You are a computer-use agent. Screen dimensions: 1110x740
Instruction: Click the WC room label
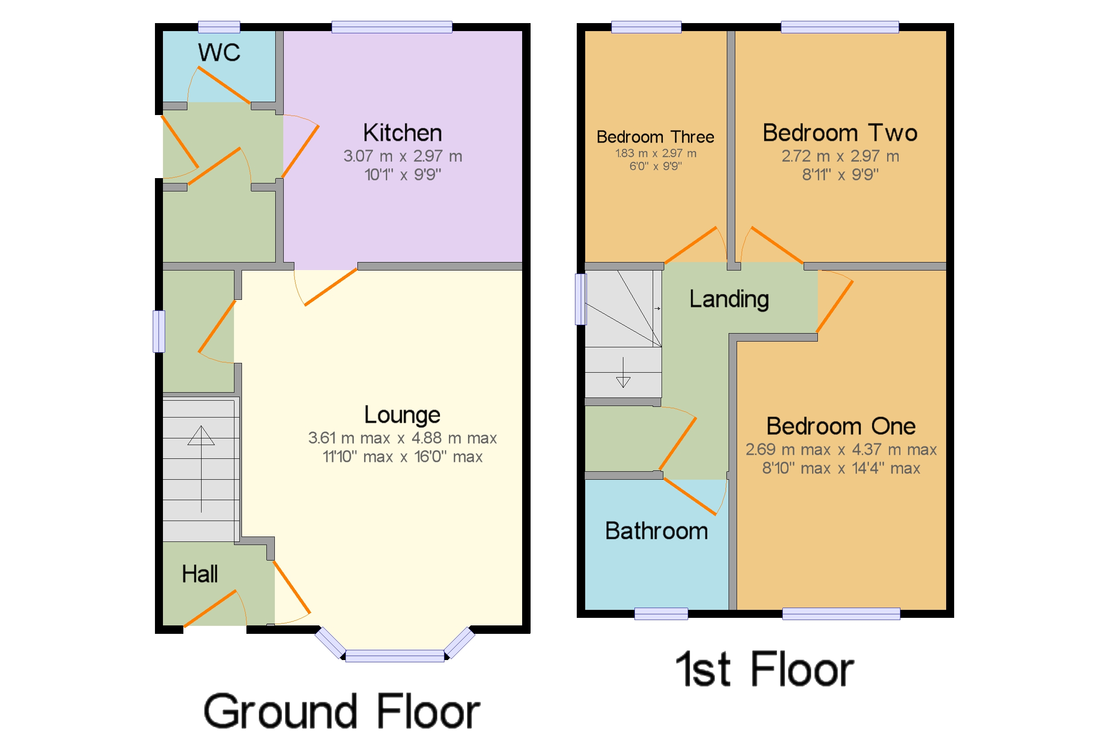(x=219, y=52)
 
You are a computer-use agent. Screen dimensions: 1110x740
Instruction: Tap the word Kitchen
(x=402, y=133)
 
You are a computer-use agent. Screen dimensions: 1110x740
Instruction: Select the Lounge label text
(x=402, y=415)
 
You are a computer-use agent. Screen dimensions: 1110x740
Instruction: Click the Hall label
(x=199, y=574)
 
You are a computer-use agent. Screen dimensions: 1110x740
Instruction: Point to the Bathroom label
(x=656, y=531)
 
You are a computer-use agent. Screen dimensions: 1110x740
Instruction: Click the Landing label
(x=729, y=299)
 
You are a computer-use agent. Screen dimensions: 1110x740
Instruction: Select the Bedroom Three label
(x=655, y=137)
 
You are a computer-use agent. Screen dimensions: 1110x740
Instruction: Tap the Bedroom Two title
(x=840, y=133)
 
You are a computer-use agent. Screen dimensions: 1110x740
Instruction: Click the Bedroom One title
(x=841, y=426)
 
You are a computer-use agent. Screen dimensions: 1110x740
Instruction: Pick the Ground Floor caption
(x=341, y=711)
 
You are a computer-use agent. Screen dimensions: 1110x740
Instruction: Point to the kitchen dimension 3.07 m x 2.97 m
(x=402, y=156)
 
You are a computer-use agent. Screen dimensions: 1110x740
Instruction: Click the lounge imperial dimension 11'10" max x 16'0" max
(x=402, y=457)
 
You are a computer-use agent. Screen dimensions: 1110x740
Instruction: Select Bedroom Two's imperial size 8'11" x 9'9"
(x=840, y=175)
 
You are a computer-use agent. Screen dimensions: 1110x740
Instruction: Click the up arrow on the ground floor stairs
(x=201, y=469)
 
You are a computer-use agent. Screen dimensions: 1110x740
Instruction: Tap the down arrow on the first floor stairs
(x=623, y=372)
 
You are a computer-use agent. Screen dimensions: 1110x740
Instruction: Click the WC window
(x=219, y=27)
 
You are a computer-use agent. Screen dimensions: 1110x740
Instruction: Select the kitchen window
(x=392, y=27)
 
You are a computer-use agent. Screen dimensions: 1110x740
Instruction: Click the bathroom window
(x=661, y=613)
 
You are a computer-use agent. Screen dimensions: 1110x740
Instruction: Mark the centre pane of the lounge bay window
(x=394, y=656)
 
